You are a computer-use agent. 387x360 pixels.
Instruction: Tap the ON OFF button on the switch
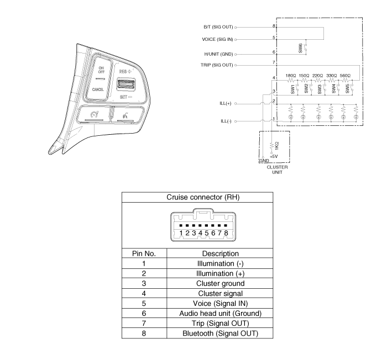click(x=101, y=70)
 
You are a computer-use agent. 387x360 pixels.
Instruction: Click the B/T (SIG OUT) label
click(x=218, y=27)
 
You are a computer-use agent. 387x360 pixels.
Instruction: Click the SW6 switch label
click(x=301, y=48)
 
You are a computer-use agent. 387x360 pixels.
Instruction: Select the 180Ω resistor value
click(x=291, y=75)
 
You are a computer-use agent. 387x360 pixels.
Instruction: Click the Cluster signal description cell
click(x=221, y=293)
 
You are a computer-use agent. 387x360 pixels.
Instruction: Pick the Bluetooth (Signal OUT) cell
click(x=221, y=333)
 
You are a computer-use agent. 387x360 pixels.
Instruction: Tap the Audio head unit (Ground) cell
click(x=221, y=313)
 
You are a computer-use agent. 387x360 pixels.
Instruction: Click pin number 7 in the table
click(x=144, y=323)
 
